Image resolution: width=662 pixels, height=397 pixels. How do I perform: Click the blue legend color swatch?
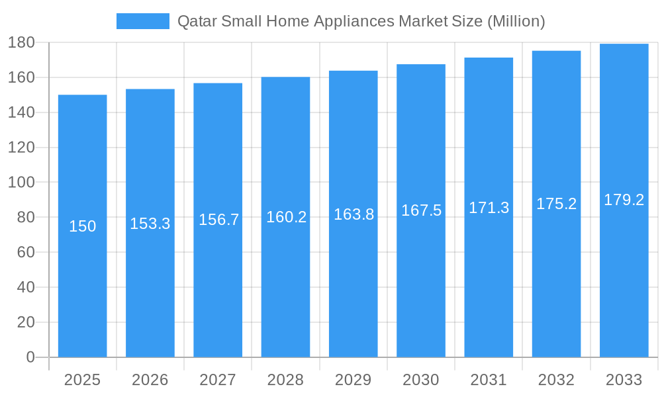pos(142,21)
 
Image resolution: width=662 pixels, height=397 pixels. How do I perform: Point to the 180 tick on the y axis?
pos(21,42)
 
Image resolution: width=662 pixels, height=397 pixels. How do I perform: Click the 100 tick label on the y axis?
pos(21,182)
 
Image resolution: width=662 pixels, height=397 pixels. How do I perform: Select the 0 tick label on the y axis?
pos(30,357)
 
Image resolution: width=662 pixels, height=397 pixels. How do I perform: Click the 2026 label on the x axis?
pos(150,380)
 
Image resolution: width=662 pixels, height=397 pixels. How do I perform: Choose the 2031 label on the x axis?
pos(489,380)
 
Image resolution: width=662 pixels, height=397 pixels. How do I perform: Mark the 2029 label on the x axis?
pos(353,380)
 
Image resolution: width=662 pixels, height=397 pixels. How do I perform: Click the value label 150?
pos(83,226)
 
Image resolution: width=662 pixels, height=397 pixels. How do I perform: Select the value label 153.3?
pos(150,224)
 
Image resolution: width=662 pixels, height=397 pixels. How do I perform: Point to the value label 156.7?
pos(218,220)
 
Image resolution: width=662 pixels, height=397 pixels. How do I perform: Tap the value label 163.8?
pos(354,214)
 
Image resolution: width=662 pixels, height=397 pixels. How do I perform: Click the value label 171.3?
pos(489,208)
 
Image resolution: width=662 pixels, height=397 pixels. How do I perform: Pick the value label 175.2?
pos(556,204)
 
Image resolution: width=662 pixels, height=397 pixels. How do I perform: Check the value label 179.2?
pos(624,200)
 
